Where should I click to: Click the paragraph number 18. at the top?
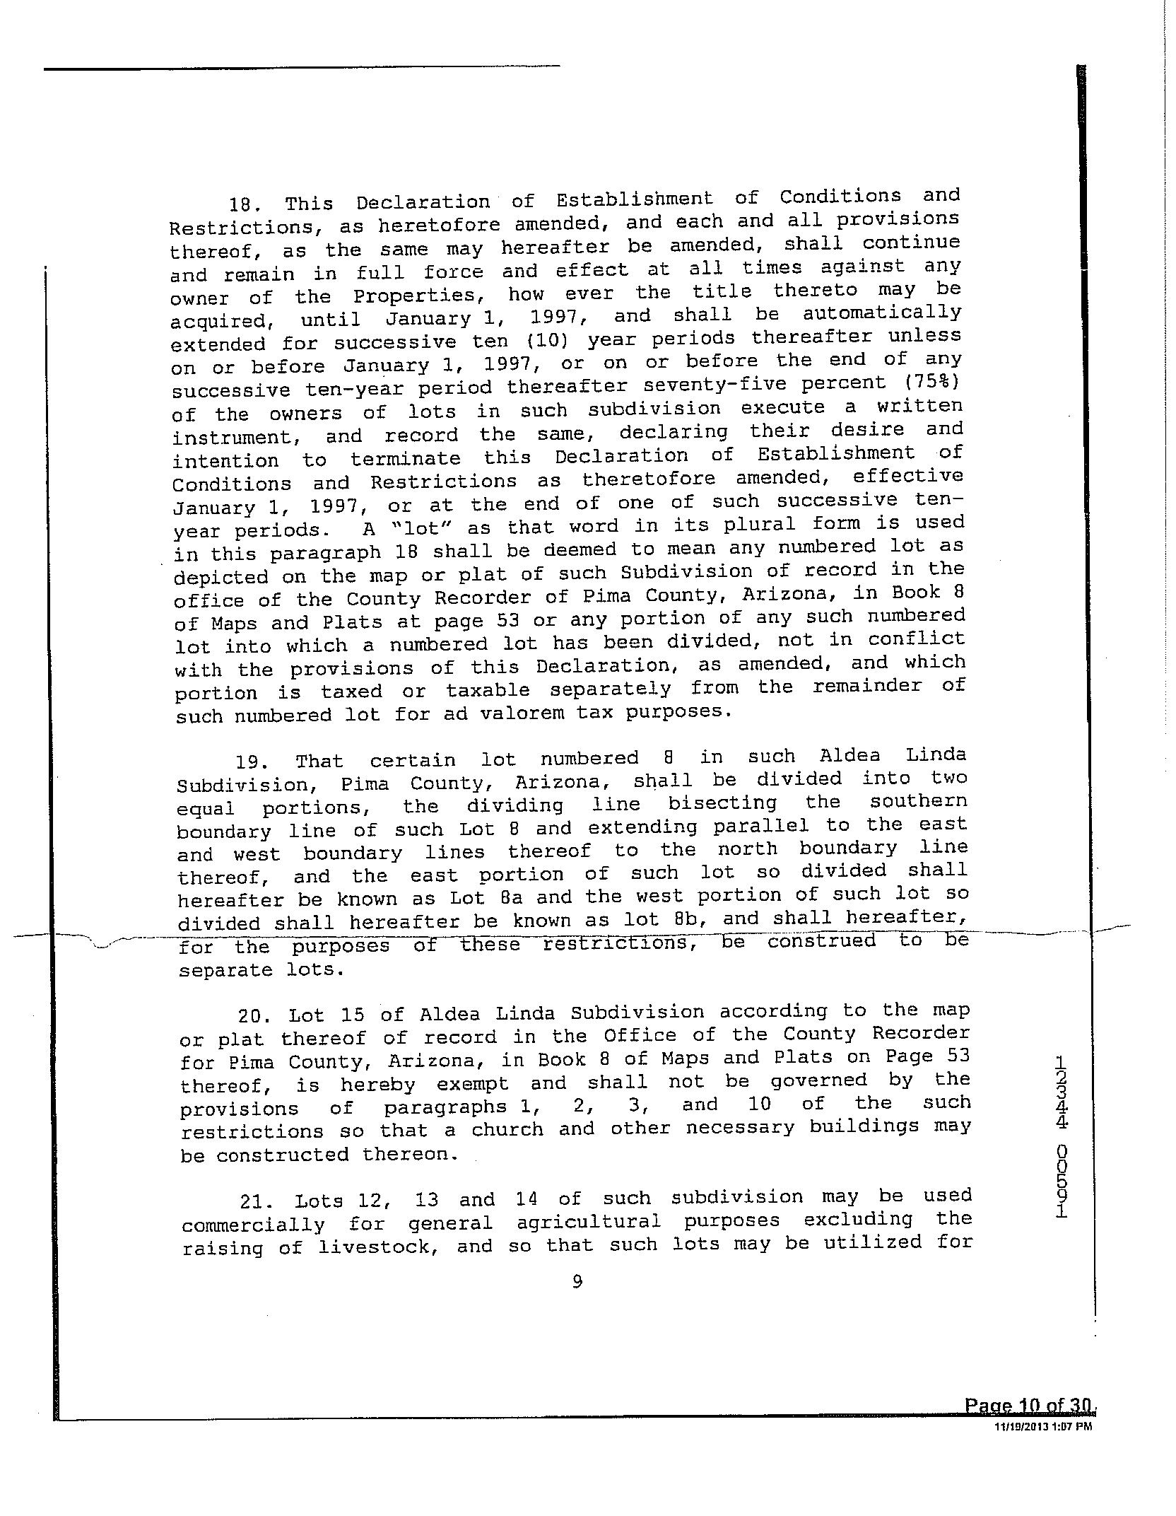tap(245, 205)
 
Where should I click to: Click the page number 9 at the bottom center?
tap(577, 1281)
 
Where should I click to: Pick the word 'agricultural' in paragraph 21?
tap(589, 1222)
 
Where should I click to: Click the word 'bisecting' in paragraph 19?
tap(722, 804)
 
